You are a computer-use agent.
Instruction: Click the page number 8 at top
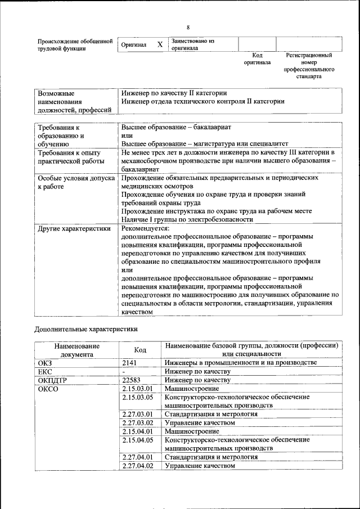[x=188, y=28]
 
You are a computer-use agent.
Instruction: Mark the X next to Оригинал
[x=160, y=44]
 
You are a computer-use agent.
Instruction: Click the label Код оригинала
[x=257, y=59]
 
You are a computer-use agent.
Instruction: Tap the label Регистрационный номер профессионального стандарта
[x=309, y=66]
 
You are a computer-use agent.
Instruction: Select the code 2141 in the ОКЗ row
[x=130, y=363]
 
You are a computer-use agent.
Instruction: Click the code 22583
[x=131, y=380]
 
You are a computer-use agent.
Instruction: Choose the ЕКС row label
[x=45, y=372]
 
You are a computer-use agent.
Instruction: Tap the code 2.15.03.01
[x=137, y=389]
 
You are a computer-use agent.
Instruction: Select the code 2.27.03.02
[x=137, y=422]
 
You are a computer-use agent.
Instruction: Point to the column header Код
[x=140, y=350]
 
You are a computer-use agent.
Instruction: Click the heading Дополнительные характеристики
[x=85, y=328]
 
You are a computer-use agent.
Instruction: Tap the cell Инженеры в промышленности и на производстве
[x=240, y=363]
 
